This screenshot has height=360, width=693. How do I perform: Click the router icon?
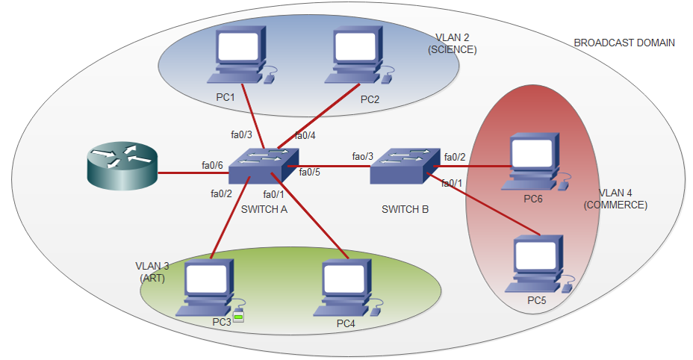122,166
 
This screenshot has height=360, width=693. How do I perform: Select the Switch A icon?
264,166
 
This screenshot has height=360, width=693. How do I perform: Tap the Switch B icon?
405,166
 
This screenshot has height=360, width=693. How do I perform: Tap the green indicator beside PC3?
239,317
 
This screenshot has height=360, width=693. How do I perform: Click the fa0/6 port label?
212,165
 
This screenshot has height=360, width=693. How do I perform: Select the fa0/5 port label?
309,172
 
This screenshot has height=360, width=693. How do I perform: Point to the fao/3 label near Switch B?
362,157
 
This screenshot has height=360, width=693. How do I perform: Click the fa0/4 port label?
305,135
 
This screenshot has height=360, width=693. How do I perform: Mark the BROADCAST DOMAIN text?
624,43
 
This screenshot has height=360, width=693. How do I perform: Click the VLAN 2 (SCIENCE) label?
452,43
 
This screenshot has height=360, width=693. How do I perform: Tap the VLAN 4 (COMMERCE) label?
615,199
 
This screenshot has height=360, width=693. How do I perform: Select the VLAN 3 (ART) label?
152,272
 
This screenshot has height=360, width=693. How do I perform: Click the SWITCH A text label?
264,209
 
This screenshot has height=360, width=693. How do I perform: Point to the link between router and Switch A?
193,173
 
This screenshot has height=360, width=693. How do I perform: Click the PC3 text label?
222,322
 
